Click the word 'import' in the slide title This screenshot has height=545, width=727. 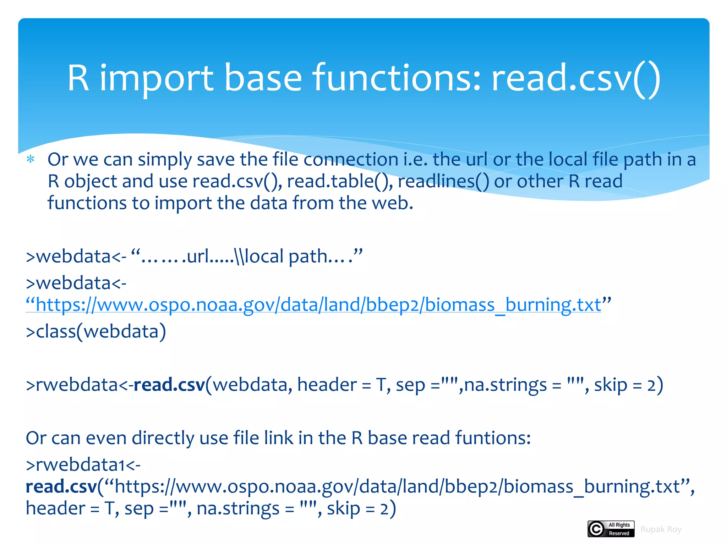(x=156, y=79)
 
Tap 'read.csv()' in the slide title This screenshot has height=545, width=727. (x=576, y=79)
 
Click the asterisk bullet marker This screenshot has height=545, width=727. (x=31, y=159)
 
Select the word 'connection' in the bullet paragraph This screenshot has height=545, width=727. (x=351, y=159)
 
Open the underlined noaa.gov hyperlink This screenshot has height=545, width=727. (x=318, y=305)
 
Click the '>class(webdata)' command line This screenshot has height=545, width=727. (x=96, y=331)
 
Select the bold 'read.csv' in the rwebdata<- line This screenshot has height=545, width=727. (x=169, y=385)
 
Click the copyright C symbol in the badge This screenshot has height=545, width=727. (x=596, y=529)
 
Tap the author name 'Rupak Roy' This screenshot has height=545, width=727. (x=661, y=529)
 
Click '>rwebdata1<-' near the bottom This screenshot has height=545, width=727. (x=83, y=465)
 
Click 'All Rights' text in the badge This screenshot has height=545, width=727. (x=619, y=525)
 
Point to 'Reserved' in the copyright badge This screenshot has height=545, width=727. (x=619, y=533)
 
